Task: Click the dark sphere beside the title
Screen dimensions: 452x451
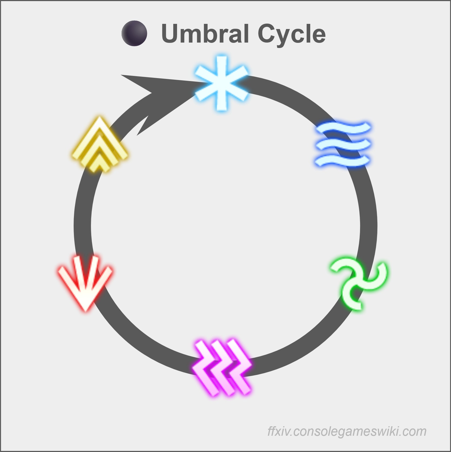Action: [134, 33]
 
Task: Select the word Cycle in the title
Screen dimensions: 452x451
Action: [291, 34]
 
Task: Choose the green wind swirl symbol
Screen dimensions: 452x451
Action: [359, 284]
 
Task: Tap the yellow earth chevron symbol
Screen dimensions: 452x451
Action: [99, 145]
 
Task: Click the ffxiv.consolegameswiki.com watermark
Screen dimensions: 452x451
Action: [347, 431]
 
